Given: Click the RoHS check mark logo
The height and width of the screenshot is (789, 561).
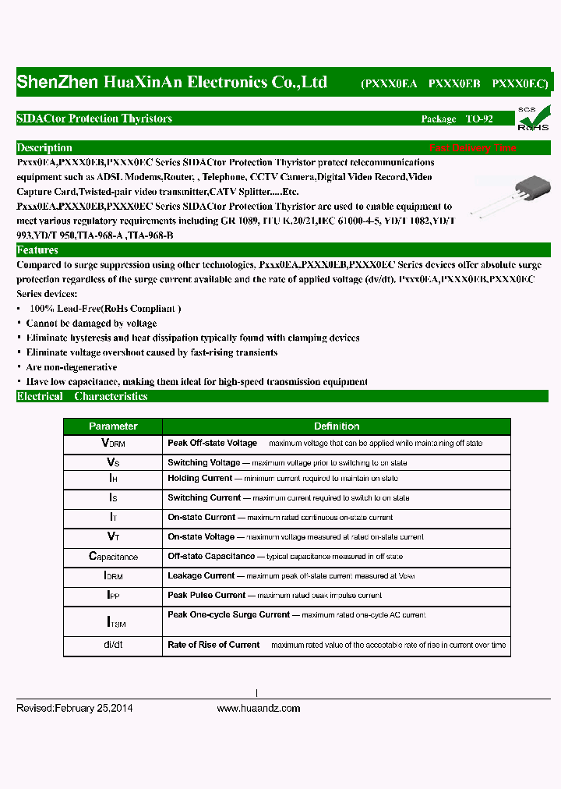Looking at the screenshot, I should click(533, 117).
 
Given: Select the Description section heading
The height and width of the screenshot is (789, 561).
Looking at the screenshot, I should click(44, 148).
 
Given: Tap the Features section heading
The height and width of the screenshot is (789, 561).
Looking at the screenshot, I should click(37, 250).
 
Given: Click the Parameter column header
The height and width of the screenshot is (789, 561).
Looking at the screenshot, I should click(113, 426).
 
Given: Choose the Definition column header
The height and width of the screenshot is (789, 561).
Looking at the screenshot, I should click(337, 426).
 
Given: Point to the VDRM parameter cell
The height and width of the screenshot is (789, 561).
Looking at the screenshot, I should click(113, 443).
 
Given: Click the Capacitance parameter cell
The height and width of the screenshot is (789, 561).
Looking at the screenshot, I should click(113, 557).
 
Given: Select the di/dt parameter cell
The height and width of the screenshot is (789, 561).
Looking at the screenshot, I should click(113, 645).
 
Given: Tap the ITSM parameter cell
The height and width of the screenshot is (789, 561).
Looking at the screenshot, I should click(114, 622).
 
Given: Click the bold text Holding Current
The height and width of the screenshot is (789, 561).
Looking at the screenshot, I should click(199, 478).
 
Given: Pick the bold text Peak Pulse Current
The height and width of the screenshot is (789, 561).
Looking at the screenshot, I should click(206, 595).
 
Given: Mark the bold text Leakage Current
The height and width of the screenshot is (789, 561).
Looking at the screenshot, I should click(201, 575).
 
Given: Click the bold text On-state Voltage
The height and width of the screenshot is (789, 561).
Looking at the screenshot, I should click(201, 536).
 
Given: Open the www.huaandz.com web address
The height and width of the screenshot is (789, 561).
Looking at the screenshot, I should click(258, 708).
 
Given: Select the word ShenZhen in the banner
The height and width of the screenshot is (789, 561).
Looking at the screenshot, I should click(57, 83).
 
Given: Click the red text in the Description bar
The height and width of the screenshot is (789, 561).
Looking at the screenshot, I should click(472, 148).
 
